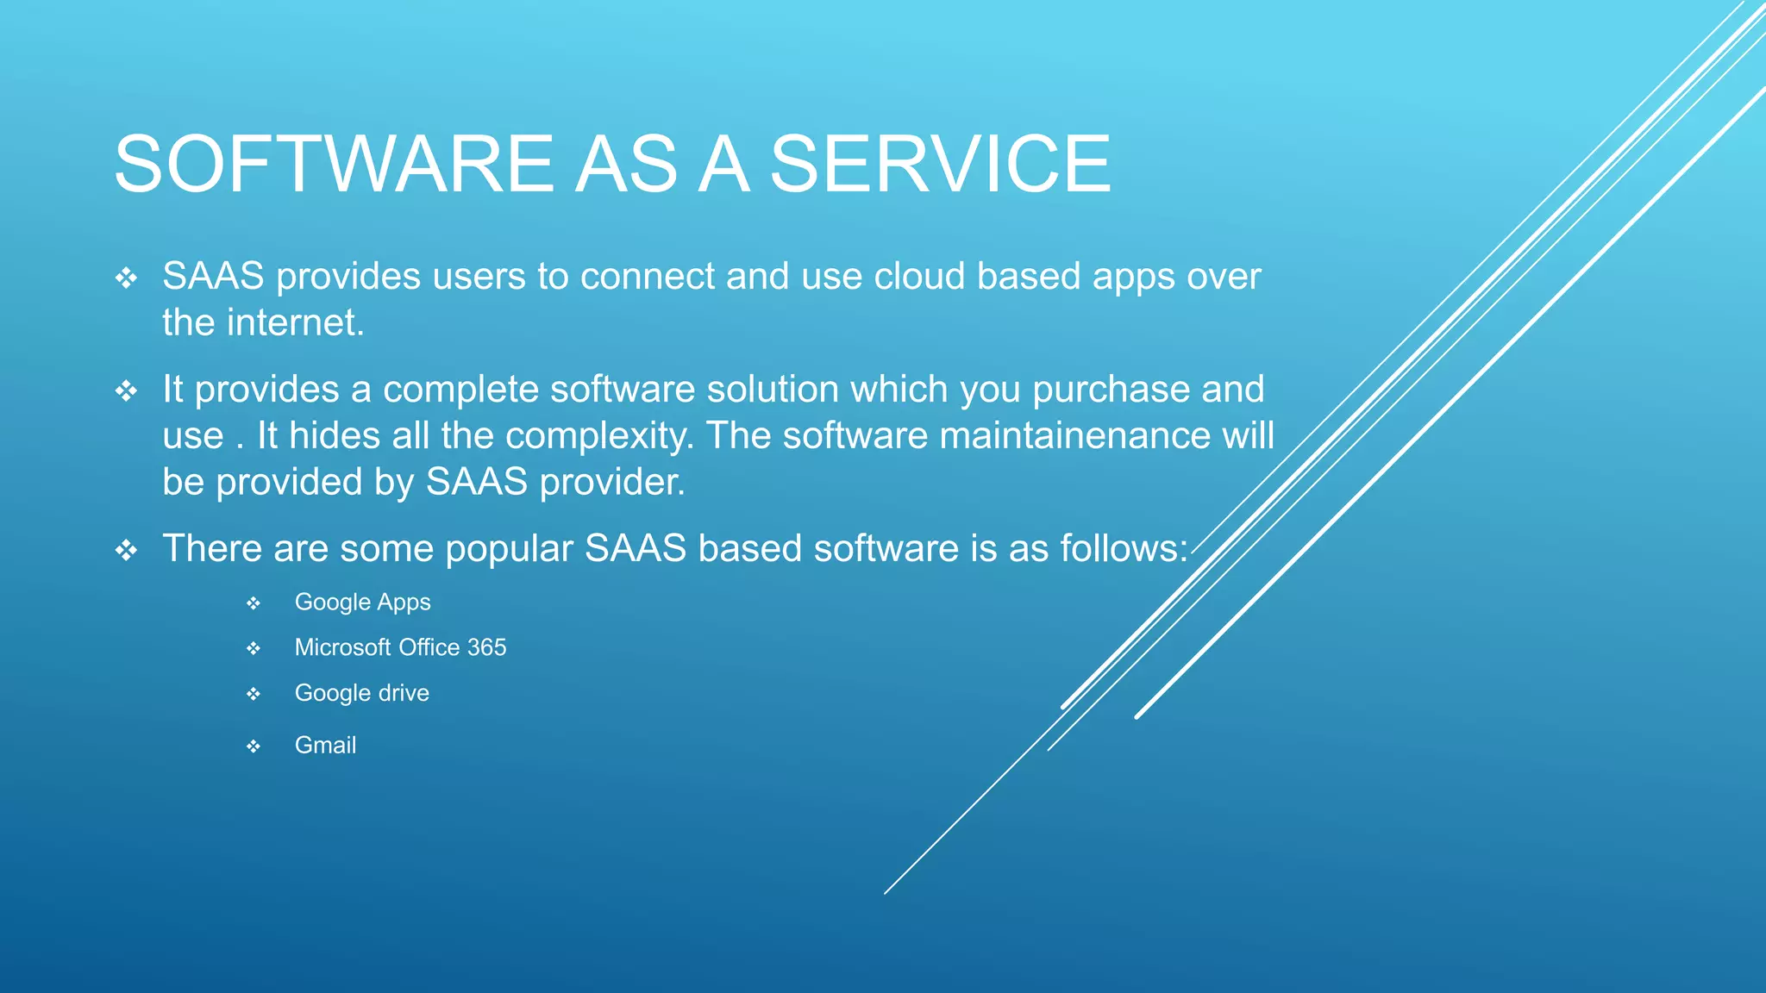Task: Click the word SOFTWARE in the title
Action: (335, 164)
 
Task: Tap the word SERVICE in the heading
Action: (940, 164)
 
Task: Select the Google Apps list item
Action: (362, 603)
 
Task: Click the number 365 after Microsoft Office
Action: (487, 647)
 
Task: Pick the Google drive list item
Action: (361, 693)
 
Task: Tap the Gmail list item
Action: (325, 746)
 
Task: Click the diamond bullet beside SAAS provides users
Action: (127, 278)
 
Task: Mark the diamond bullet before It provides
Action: (127, 391)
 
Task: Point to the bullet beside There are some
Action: (127, 550)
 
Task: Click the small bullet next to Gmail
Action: (253, 746)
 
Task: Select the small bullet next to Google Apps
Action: (253, 603)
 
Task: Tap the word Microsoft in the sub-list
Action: (342, 647)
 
